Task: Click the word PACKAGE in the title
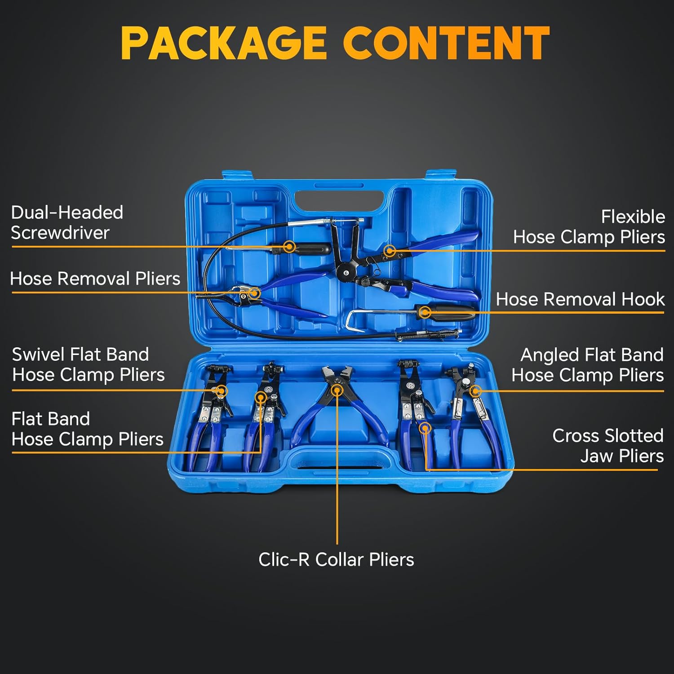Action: pyautogui.click(x=223, y=43)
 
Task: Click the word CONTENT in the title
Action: pyautogui.click(x=446, y=43)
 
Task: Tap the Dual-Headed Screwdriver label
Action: pyautogui.click(x=67, y=222)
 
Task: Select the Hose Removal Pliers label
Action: pyautogui.click(x=95, y=279)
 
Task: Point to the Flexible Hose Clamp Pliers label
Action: pyautogui.click(x=589, y=227)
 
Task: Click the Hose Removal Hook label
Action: pyautogui.click(x=580, y=299)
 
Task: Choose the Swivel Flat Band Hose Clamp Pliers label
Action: pyautogui.click(x=88, y=364)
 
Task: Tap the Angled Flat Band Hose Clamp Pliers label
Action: pyautogui.click(x=588, y=365)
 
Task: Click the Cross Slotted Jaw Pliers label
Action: pyautogui.click(x=607, y=446)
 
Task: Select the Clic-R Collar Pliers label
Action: pyautogui.click(x=336, y=559)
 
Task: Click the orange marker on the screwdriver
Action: pyautogui.click(x=290, y=247)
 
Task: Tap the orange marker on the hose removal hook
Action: pyautogui.click(x=425, y=312)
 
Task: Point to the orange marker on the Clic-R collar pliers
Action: pyautogui.click(x=337, y=390)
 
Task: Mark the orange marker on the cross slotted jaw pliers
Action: pyautogui.click(x=425, y=428)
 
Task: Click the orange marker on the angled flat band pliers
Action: pyautogui.click(x=475, y=391)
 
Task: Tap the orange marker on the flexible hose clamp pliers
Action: pyautogui.click(x=390, y=251)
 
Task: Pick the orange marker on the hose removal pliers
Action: pyautogui.click(x=254, y=293)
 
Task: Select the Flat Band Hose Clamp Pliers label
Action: pyautogui.click(x=87, y=429)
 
